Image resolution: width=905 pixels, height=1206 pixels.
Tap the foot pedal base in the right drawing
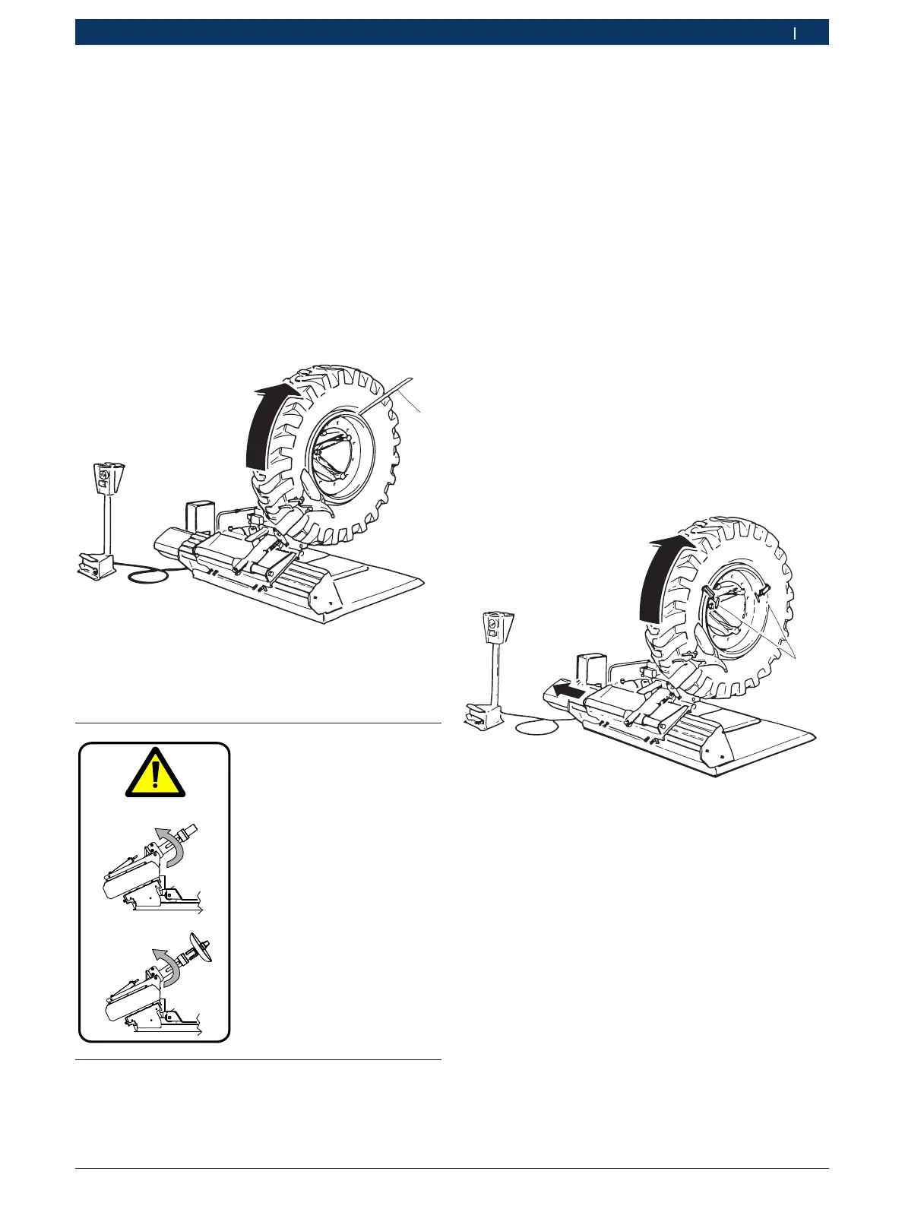pyautogui.click(x=483, y=715)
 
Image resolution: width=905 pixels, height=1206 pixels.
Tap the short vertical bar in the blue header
pyautogui.click(x=795, y=33)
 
